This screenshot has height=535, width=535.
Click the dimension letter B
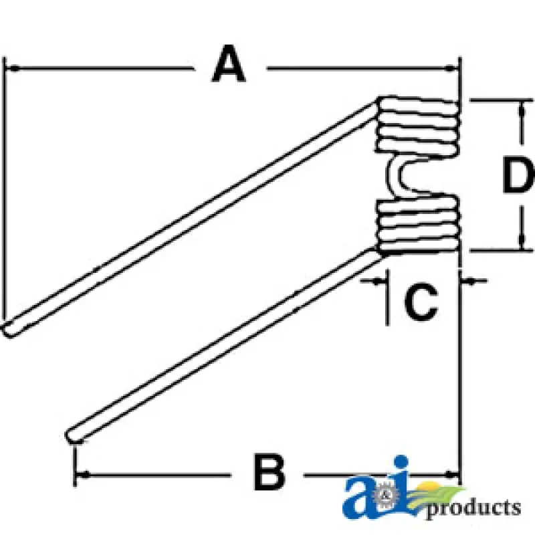(x=269, y=472)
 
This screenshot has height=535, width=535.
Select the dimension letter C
(x=421, y=302)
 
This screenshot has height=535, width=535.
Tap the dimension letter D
(x=518, y=176)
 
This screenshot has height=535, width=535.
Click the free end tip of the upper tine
(x=8, y=328)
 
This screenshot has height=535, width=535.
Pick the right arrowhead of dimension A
(x=454, y=68)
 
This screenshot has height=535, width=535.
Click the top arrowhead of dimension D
(x=520, y=106)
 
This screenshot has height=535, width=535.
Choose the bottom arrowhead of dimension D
(x=520, y=245)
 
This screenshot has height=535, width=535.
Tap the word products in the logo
(x=473, y=507)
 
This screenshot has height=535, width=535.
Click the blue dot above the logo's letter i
(x=401, y=464)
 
